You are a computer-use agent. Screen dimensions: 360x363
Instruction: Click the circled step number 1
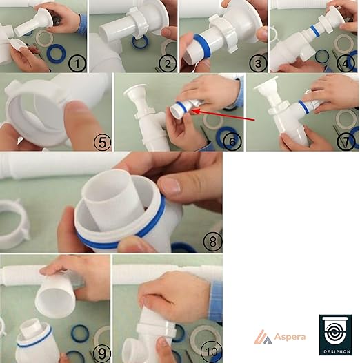(77, 63)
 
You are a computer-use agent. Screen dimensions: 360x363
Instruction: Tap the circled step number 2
(168, 63)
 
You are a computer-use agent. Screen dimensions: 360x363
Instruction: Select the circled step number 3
(258, 63)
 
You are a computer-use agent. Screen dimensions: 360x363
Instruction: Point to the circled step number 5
(103, 142)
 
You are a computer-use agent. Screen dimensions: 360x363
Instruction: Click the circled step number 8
(212, 241)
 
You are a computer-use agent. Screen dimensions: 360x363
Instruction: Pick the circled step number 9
(101, 354)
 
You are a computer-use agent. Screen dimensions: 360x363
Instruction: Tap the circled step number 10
(211, 352)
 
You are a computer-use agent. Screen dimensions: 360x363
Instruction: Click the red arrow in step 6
(223, 115)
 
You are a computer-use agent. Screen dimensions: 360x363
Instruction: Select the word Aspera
(290, 337)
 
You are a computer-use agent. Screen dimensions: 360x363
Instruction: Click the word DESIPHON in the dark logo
(335, 352)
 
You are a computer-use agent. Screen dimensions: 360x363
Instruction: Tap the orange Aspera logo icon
(263, 337)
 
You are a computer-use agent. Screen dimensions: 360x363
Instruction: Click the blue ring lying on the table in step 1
(56, 54)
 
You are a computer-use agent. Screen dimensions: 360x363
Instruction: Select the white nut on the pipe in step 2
(136, 23)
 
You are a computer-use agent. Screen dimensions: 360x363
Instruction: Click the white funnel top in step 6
(136, 92)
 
